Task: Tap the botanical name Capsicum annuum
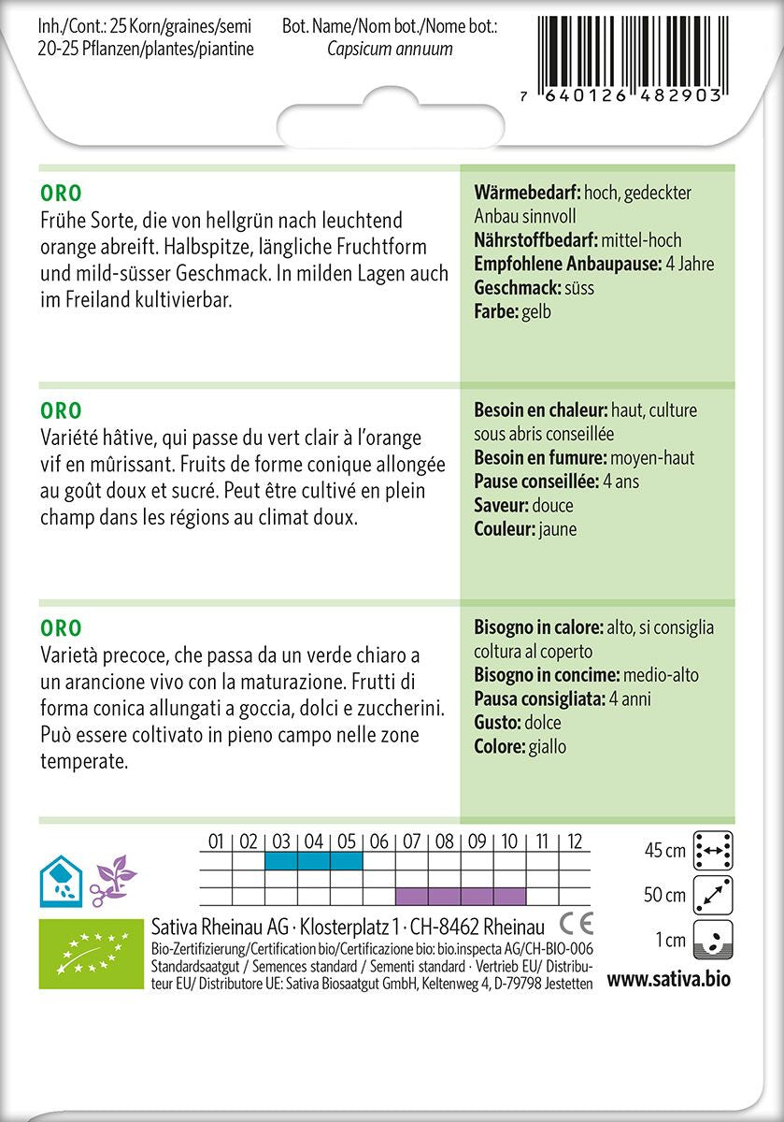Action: pos(390,50)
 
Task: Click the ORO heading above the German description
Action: pos(61,194)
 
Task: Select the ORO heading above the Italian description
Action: pos(61,628)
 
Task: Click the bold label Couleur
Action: pos(505,529)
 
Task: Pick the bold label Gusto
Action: pos(497,723)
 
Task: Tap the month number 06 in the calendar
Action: pos(378,841)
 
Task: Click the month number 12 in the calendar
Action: pos(575,841)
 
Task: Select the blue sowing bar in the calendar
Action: pos(313,860)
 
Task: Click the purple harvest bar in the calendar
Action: pos(461,896)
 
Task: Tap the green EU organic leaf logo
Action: pos(89,954)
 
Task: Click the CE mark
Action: pos(577,924)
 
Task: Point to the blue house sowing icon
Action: pos(58,876)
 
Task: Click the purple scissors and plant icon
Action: pos(113,877)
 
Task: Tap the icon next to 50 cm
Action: pos(713,895)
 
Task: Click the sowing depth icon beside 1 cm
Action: pos(713,940)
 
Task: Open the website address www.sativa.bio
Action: pos(668,979)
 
